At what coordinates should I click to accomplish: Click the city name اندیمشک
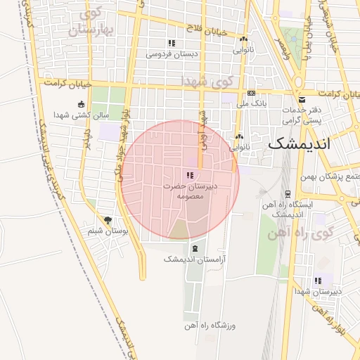[308, 143]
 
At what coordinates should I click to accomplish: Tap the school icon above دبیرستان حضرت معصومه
[188, 175]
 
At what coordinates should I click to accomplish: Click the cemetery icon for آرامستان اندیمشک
[194, 248]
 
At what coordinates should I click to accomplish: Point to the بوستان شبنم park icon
[108, 220]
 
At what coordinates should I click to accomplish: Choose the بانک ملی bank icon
[251, 94]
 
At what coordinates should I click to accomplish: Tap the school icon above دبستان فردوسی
[172, 43]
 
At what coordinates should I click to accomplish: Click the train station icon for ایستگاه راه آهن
[288, 193]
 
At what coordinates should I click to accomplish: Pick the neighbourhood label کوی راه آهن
[298, 233]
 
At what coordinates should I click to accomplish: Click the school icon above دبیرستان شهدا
[319, 280]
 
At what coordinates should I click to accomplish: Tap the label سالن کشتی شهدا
[82, 115]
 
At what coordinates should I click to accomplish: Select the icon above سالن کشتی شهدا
[82, 104]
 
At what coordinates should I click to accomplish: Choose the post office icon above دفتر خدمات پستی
[302, 99]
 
